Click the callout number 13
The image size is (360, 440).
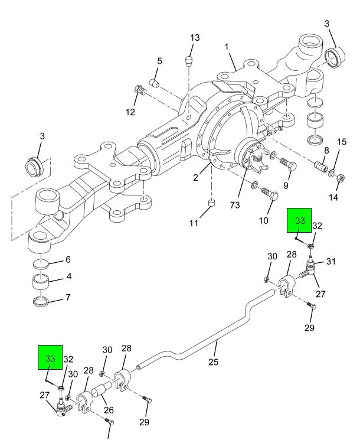pyautogui.click(x=195, y=38)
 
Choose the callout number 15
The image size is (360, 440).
pyautogui.click(x=342, y=159)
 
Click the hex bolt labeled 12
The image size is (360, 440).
pyautogui.click(x=139, y=91)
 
